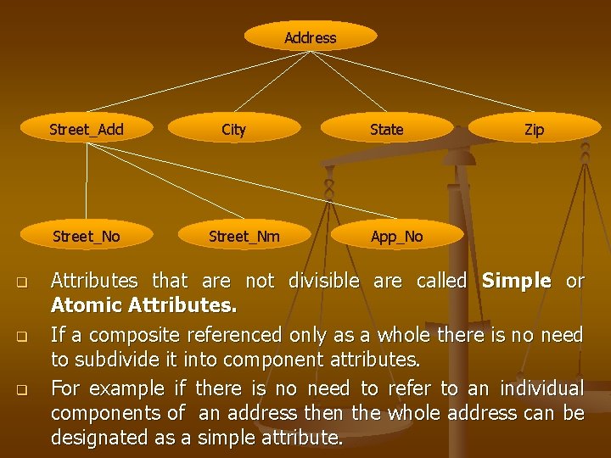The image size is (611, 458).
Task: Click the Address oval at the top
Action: coord(310,37)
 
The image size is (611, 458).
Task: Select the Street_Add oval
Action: coord(87,129)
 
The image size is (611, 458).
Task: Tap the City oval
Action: coord(233,129)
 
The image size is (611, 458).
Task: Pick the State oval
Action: coord(386,129)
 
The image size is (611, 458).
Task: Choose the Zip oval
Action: coord(534,129)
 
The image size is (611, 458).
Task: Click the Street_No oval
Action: coord(87,236)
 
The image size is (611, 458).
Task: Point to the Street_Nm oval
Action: coord(244,236)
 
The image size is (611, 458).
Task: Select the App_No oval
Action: coord(396,236)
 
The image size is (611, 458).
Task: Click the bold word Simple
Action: coord(516,281)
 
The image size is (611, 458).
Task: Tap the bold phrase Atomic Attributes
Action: coord(143,304)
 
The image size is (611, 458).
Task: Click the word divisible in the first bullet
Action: coord(323,281)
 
